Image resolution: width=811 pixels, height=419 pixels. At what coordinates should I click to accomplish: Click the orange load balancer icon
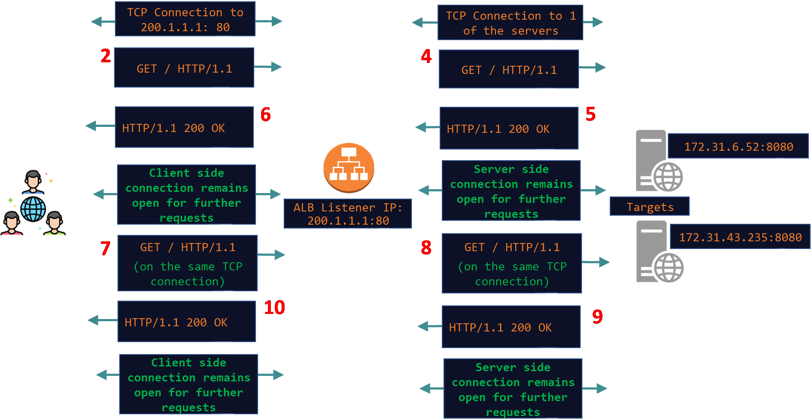click(x=349, y=167)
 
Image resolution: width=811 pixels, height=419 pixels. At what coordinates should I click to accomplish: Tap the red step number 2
click(x=106, y=56)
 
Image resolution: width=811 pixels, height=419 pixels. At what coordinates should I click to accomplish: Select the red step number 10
click(x=274, y=308)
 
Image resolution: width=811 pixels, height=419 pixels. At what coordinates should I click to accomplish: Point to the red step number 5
click(x=591, y=114)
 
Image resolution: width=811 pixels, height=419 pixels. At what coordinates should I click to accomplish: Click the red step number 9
click(x=597, y=316)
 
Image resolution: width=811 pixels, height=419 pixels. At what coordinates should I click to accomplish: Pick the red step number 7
click(x=105, y=248)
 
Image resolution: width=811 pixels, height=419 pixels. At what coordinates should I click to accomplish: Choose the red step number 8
click(x=426, y=248)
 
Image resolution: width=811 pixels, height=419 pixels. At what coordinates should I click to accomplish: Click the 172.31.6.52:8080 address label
click(x=738, y=147)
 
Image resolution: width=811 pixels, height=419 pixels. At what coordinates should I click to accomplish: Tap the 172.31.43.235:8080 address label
click(x=740, y=237)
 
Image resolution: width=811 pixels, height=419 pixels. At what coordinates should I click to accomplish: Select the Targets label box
click(x=649, y=207)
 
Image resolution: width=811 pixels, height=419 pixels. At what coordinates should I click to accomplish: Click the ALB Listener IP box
click(x=348, y=214)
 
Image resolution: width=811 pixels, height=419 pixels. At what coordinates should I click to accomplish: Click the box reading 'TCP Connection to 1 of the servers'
click(x=510, y=23)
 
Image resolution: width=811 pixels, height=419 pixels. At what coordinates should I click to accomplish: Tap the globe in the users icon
click(x=33, y=209)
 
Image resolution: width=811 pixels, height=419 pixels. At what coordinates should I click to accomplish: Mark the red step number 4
click(x=426, y=56)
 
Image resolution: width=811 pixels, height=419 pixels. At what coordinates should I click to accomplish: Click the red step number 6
click(x=265, y=114)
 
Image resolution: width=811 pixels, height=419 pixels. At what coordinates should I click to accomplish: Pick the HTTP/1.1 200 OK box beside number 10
click(x=187, y=322)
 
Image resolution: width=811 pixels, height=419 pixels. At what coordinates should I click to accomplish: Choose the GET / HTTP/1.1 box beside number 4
click(x=509, y=70)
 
